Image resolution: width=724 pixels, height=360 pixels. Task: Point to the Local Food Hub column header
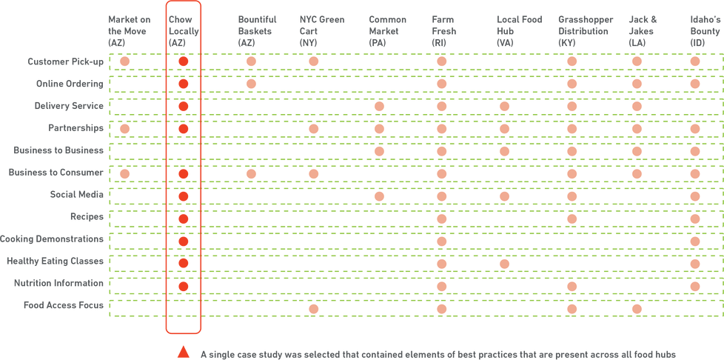point(512,30)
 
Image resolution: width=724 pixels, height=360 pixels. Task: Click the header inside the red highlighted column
point(182,30)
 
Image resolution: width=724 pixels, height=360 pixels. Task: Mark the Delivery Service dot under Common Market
point(380,107)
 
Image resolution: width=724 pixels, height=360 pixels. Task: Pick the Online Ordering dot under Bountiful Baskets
point(251,84)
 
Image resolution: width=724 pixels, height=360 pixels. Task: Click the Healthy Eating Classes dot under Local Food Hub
point(505,264)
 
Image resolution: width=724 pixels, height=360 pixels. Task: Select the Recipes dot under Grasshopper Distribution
point(571,219)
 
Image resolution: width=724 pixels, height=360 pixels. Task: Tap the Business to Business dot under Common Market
point(380,151)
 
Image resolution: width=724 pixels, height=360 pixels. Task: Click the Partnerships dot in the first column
point(124,129)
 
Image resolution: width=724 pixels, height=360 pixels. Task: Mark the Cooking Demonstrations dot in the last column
point(694,241)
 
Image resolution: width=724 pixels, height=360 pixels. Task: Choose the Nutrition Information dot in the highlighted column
point(183,286)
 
